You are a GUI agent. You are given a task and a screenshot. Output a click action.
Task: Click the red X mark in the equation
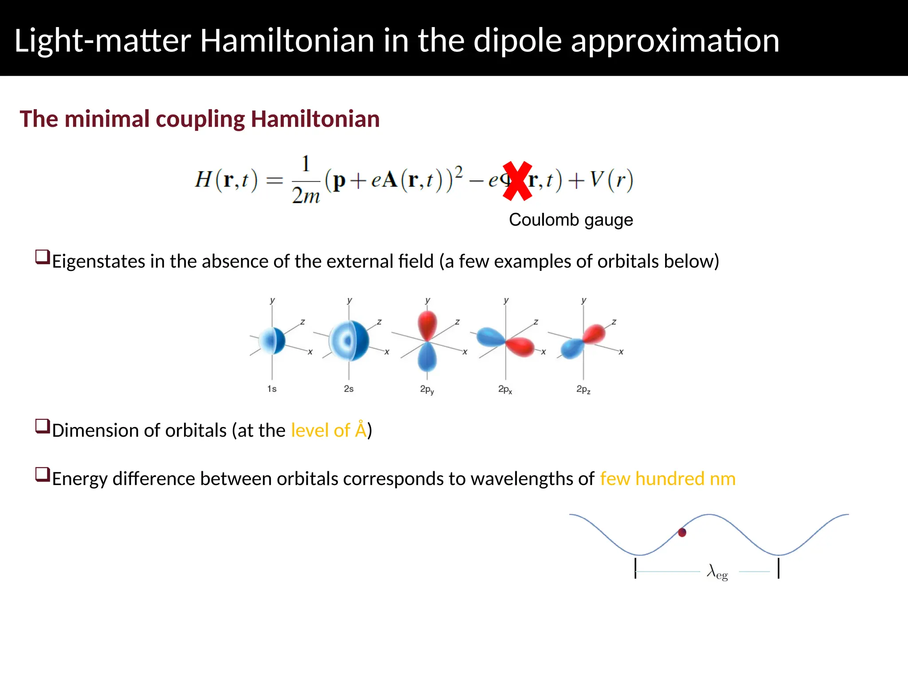pos(517,181)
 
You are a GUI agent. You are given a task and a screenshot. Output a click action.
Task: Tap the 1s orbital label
pos(272,389)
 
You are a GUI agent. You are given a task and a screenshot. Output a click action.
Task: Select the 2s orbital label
pos(349,389)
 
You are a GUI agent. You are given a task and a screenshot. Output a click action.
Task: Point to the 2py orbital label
pos(427,390)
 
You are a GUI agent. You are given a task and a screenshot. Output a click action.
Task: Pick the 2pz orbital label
pos(583,390)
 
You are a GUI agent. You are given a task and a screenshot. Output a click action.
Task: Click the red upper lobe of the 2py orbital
pos(427,325)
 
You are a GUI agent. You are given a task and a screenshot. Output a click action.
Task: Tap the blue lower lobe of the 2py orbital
pos(427,358)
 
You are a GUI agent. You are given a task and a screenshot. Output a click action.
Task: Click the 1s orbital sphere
pos(272,341)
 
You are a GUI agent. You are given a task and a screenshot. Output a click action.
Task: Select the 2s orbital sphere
pos(350,340)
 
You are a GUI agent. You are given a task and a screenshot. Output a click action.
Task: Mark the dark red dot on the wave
pos(682,532)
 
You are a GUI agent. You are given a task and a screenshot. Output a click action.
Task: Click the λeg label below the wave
pos(717,571)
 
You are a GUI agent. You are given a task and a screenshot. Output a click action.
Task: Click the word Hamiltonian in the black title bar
pos(287,40)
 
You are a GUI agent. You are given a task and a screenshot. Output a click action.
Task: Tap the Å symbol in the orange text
pos(361,430)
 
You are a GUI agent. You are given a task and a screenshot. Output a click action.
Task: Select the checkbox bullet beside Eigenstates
pos(43,257)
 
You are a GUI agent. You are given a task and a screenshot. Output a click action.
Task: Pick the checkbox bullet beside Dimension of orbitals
pos(43,426)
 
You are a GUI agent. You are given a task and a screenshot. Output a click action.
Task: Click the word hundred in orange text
pos(669,479)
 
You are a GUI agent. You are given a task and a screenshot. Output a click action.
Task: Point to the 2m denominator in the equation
pos(305,196)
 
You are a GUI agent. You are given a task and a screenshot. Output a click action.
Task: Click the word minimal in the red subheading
pos(107,119)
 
